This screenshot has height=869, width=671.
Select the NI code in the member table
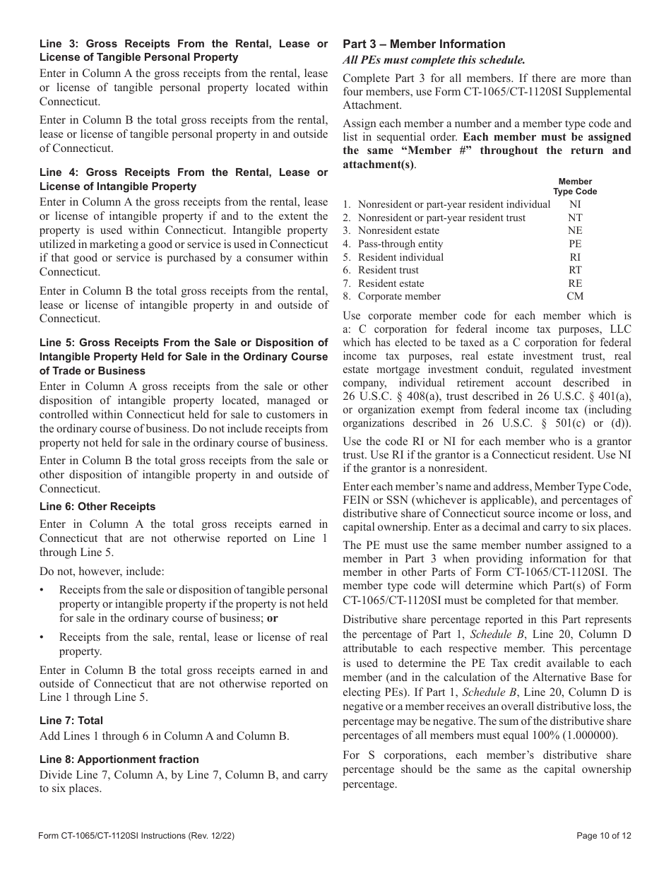pos(575,204)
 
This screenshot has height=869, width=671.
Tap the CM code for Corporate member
pos(575,296)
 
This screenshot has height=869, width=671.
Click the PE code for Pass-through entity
pos(575,244)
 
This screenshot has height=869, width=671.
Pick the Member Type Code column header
pos(575,187)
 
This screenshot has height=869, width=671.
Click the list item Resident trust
pos(388,270)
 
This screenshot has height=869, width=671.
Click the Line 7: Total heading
pos(71,721)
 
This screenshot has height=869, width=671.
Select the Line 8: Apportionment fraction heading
pos(119,759)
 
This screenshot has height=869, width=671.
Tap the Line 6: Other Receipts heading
pos(97,507)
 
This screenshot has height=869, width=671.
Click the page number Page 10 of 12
pos(603,835)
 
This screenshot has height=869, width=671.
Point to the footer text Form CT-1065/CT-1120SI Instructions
pos(136,835)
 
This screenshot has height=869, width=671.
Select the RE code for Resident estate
pos(575,283)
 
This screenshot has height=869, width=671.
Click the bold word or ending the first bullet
pos(272,617)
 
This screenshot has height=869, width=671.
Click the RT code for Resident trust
pos(575,270)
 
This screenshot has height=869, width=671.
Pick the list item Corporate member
pos(398,296)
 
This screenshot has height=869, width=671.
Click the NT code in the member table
pos(575,218)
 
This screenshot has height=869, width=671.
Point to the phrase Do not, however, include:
pos(102,571)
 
